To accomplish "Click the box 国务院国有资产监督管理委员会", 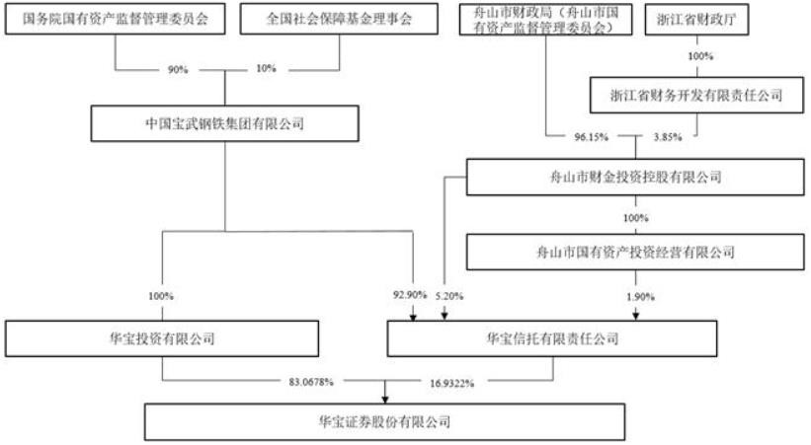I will (114, 19).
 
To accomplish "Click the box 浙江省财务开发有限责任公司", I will (697, 95).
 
